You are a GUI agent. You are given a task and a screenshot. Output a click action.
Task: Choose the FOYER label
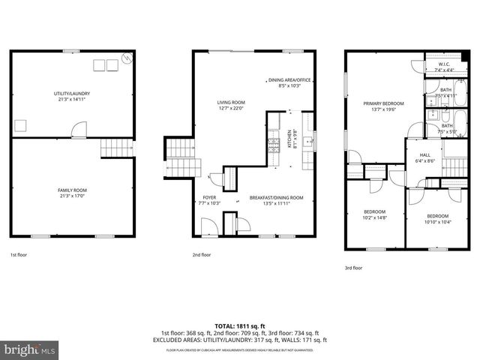pos(209,199)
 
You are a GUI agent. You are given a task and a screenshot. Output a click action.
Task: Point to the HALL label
pos(424,158)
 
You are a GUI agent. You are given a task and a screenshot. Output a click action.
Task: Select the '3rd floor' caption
pos(352,268)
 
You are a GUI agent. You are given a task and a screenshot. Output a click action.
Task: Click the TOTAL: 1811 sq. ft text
pos(240,325)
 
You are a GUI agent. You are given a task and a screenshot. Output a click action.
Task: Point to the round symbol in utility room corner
pos(127,57)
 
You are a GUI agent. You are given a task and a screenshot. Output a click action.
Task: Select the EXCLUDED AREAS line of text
pos(240,340)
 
